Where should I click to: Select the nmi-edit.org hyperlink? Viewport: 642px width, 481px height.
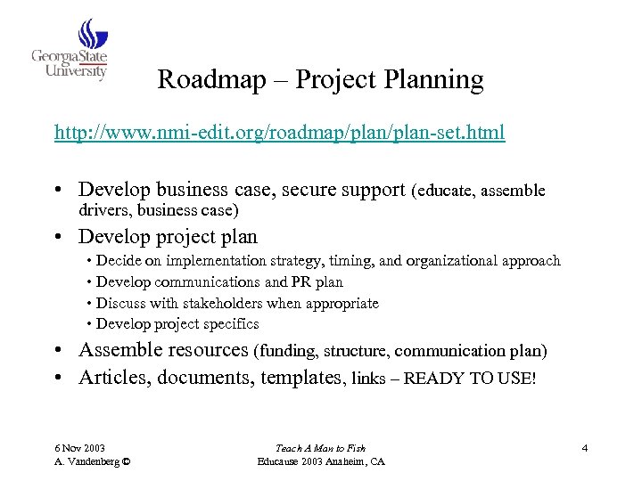(x=279, y=134)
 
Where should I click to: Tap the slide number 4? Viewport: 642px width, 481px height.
(x=584, y=447)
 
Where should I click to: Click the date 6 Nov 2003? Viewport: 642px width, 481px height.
(x=78, y=447)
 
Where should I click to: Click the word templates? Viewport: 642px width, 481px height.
(x=303, y=378)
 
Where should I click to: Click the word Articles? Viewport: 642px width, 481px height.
(x=114, y=378)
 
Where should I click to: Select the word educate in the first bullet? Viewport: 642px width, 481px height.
(x=445, y=190)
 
